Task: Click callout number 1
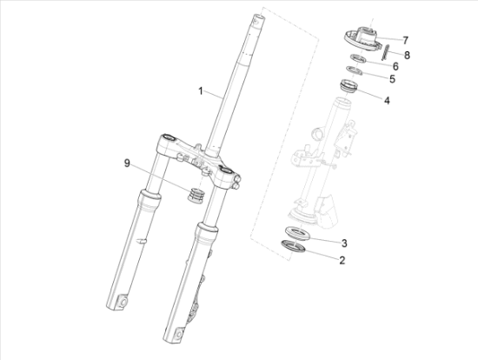[200, 91]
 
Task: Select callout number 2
[342, 260]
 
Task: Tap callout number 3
[344, 243]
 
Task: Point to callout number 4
[387, 100]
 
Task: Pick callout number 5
[392, 79]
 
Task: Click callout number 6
[395, 66]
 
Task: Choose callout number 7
[405, 40]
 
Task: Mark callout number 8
[407, 56]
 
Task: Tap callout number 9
[127, 163]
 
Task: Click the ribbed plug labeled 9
[196, 195]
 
